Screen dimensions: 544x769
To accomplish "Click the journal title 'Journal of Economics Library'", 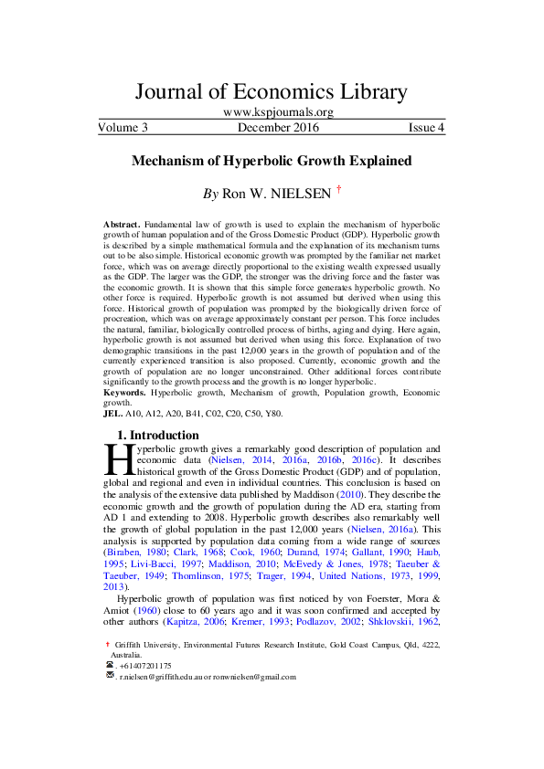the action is tap(271, 92).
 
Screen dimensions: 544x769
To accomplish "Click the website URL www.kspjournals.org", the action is tap(272, 112).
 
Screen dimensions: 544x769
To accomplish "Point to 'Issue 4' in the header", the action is tap(426, 128).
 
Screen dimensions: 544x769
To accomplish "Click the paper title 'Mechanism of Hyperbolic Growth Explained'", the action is tap(272, 161).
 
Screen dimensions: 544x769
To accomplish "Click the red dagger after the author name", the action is tap(339, 190).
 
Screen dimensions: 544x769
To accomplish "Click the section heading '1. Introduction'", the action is tap(159, 435).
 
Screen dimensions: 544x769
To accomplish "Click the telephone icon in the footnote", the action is tap(111, 666).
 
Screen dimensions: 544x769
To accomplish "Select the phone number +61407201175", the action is tap(145, 666).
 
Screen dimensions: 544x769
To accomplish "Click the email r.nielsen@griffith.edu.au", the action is tap(166, 677).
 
